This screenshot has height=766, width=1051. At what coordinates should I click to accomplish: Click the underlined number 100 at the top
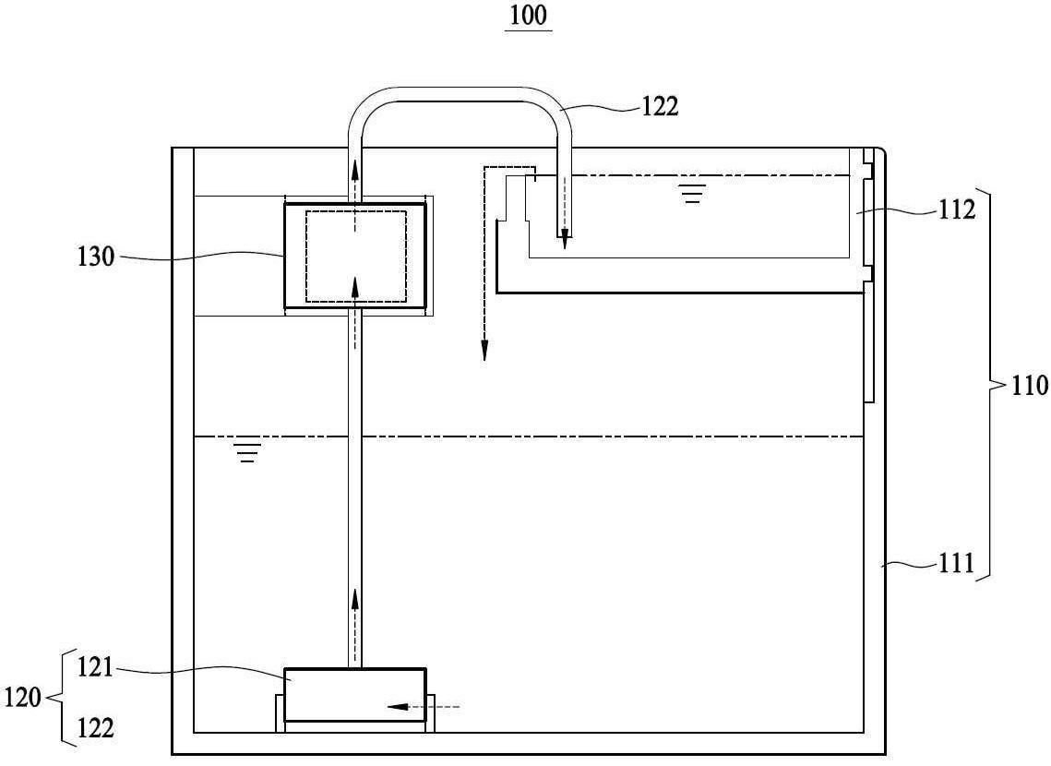pos(528,16)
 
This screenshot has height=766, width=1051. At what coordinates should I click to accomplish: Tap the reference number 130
pos(96,257)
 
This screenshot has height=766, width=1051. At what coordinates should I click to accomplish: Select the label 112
pos(957,210)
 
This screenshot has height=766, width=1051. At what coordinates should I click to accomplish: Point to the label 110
pos(1029,386)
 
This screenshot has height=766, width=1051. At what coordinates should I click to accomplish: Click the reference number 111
pos(957,563)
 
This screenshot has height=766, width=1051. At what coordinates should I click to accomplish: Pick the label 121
pos(96,668)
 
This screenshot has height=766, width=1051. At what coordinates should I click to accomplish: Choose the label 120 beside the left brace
pos(23,699)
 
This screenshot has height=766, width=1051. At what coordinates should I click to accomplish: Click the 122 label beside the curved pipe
pos(661,106)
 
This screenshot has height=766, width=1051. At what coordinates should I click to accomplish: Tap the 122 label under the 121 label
pos(96,728)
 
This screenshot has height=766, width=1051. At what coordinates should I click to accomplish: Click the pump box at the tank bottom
pos(355,695)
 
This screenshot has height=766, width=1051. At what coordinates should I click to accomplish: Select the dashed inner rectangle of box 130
pos(356,211)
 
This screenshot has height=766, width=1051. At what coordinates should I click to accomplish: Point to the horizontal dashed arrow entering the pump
pos(424,706)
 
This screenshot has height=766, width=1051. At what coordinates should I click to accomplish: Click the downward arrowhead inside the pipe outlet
pos(565,239)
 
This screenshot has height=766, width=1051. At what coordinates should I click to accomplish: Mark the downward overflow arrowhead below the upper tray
pos(484,351)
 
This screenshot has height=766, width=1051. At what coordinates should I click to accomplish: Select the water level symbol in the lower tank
pos(248,452)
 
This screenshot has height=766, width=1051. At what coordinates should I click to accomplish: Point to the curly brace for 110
pos(992,385)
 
